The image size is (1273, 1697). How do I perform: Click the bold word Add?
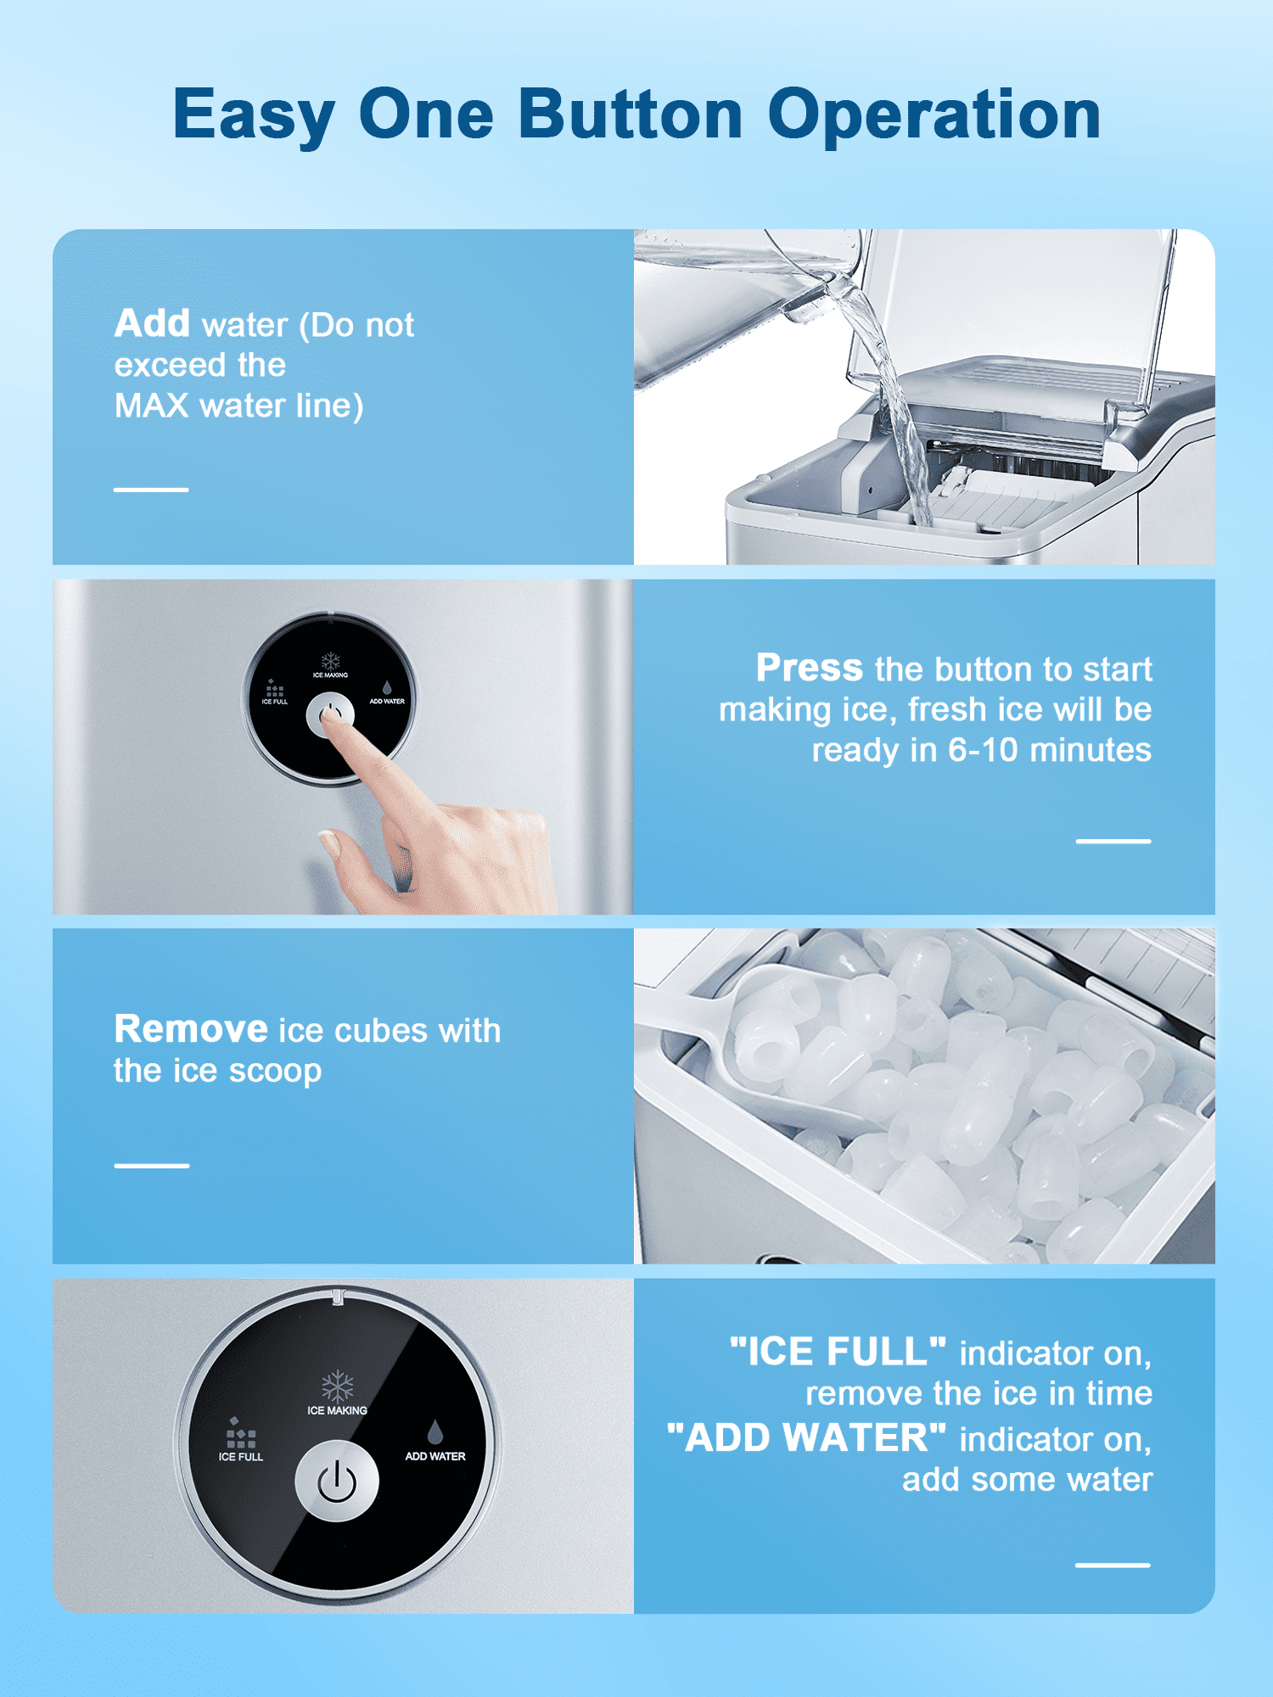[x=153, y=323]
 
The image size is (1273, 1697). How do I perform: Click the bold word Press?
[x=810, y=668]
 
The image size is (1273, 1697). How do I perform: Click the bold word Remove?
[x=191, y=1029]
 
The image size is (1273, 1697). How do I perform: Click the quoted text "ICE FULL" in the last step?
[x=838, y=1352]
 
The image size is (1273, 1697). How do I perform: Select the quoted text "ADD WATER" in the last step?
[x=806, y=1437]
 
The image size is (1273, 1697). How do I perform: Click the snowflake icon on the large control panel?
[x=337, y=1386]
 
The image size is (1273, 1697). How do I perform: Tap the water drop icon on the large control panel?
[x=435, y=1431]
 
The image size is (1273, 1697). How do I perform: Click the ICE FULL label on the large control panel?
[x=241, y=1457]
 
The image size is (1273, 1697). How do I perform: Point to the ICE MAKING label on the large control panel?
[x=337, y=1410]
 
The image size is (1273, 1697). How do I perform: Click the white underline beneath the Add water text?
[x=151, y=490]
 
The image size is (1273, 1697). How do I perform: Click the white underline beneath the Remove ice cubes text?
[x=152, y=1166]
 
